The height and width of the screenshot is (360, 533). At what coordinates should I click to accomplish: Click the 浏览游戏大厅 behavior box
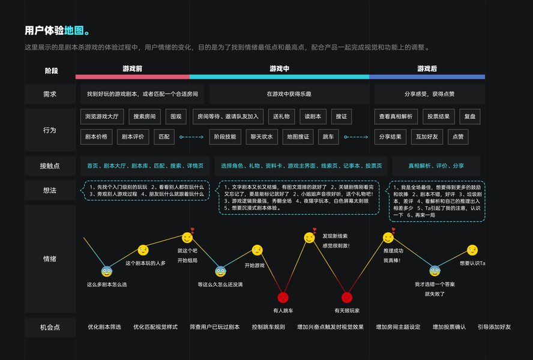coord(102,116)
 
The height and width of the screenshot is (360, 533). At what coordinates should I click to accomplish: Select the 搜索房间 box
coord(144,116)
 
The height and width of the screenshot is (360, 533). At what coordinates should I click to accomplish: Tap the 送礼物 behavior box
coord(281,116)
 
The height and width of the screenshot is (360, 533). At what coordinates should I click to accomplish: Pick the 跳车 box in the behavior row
coord(330,137)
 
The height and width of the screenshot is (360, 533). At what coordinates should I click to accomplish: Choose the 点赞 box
coord(458,137)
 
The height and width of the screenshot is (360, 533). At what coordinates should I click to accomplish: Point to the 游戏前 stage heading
coord(132,69)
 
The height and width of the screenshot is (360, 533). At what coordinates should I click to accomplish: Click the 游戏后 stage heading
coord(427,69)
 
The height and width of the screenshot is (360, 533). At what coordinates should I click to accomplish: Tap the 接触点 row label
coord(50,166)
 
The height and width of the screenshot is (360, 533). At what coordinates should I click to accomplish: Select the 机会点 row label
coord(50,327)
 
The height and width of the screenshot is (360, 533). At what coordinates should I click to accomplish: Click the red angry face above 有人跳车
coord(283,297)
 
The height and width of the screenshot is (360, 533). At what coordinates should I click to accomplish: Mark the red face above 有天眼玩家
coord(346,297)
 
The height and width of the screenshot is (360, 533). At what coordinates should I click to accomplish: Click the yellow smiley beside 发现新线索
coord(310,238)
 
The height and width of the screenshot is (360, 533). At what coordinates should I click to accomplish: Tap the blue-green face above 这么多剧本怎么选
coord(107,271)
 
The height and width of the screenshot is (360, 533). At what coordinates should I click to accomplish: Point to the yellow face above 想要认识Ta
coord(472,250)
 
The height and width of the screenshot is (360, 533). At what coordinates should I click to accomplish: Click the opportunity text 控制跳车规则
coord(268,327)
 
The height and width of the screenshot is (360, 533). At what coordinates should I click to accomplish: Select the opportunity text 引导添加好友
coord(494,327)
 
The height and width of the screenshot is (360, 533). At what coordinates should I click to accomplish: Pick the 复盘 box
coord(469,116)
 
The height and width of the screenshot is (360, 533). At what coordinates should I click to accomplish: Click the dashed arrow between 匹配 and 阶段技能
coord(191,137)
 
